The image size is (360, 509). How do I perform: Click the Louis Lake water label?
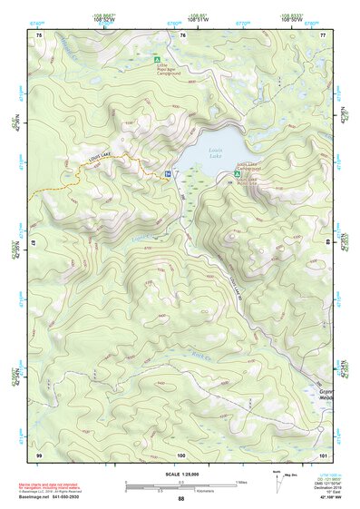(214, 152)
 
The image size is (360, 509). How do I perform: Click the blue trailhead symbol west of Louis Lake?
(169, 173)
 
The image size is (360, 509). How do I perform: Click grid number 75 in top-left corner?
(38, 34)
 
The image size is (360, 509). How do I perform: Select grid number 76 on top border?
(182, 34)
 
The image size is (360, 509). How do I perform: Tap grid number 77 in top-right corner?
(324, 34)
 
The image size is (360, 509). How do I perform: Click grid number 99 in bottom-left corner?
(38, 453)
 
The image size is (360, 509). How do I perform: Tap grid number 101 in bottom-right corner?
(323, 453)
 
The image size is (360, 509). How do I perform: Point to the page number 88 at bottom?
(180, 499)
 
